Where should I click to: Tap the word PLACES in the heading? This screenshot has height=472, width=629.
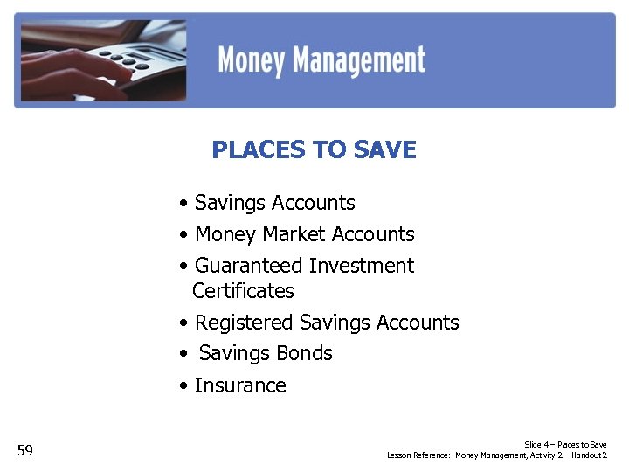click(252, 150)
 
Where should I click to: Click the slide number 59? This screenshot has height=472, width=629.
click(25, 451)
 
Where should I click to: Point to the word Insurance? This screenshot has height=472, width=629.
click(240, 385)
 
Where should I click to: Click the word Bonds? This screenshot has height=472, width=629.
click(304, 353)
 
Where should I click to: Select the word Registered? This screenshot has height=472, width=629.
click(244, 323)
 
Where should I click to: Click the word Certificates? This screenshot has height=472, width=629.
click(243, 291)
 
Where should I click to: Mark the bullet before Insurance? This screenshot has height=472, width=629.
click(183, 386)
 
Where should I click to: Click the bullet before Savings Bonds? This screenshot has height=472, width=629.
click(183, 354)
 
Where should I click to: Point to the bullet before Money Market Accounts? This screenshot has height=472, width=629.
click(183, 235)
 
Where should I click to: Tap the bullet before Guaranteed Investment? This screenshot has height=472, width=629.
click(183, 267)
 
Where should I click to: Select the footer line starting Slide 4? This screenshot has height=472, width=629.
click(565, 445)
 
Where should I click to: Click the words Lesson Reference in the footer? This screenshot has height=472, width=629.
click(418, 455)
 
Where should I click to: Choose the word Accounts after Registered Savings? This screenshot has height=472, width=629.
click(417, 323)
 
